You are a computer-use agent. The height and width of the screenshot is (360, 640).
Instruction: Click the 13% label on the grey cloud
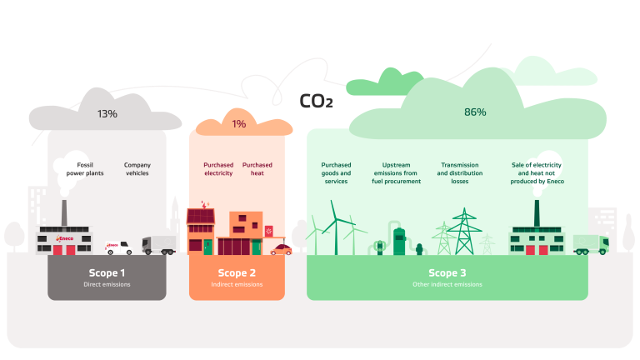pyautogui.click(x=107, y=112)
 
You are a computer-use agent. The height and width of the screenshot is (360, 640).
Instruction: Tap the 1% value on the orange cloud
pyautogui.click(x=239, y=124)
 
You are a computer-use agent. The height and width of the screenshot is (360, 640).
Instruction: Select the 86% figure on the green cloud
pyautogui.click(x=475, y=112)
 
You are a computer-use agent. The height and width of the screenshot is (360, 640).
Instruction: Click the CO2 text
pyautogui.click(x=316, y=102)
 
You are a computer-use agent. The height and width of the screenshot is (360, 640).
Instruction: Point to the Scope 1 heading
pyautogui.click(x=107, y=272)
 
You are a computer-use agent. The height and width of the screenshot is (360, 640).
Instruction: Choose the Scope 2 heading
pyautogui.click(x=237, y=272)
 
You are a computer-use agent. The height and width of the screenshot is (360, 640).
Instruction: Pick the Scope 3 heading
pyautogui.click(x=447, y=272)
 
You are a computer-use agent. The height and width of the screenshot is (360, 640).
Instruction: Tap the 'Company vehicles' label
pyautogui.click(x=137, y=168)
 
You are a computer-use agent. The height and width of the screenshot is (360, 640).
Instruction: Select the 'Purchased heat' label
pyautogui.click(x=257, y=168)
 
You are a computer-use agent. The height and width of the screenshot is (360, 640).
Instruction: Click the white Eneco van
pyautogui.click(x=119, y=247)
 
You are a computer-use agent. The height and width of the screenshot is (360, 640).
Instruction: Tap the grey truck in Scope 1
pyautogui.click(x=158, y=244)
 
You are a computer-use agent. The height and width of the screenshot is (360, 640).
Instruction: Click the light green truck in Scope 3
pyautogui.click(x=590, y=244)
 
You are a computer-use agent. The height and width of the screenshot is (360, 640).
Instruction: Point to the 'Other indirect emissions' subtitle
pyautogui.click(x=447, y=284)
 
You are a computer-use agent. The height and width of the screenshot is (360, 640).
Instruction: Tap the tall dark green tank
pyautogui.click(x=399, y=241)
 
